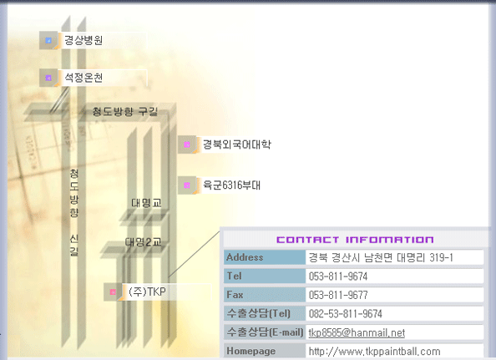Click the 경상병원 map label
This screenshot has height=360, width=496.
84,40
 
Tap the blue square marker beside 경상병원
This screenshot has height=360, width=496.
48,40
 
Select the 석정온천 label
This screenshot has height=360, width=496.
84,78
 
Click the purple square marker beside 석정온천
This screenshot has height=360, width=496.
48,78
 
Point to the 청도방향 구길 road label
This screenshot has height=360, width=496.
125,111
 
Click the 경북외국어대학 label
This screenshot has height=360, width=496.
237,145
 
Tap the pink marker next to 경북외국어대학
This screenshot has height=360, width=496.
187,145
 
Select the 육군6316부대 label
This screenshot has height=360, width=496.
231,185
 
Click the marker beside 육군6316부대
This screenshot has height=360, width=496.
187,185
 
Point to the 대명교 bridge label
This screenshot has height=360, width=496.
146,203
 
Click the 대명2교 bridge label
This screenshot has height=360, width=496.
144,242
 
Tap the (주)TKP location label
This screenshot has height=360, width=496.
147,292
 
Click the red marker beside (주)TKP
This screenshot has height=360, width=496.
113,292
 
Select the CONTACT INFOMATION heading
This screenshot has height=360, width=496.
355,240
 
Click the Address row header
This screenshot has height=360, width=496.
245,257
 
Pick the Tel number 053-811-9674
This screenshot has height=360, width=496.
338,276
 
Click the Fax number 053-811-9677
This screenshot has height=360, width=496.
338,295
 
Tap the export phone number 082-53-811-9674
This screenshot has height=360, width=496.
346,314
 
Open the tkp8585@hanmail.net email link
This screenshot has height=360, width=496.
357,332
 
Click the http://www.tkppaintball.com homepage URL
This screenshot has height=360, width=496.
375,352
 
